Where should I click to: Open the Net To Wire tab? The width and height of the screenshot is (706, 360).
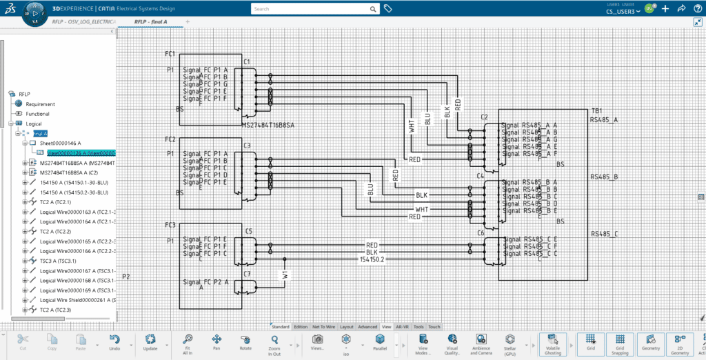[x=323, y=327]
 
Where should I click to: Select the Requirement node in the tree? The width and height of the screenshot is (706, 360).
[x=40, y=104]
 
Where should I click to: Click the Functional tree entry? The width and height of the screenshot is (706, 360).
[x=38, y=114]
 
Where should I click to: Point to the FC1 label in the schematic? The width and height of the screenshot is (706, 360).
[x=170, y=54]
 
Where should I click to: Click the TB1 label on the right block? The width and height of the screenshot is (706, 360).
[x=596, y=110]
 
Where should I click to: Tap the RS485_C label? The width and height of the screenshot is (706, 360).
[x=604, y=234]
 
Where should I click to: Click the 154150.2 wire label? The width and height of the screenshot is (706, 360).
[x=372, y=259]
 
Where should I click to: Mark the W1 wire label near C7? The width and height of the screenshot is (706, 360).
[x=284, y=275]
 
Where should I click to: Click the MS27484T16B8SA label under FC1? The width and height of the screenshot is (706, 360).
[x=268, y=126]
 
